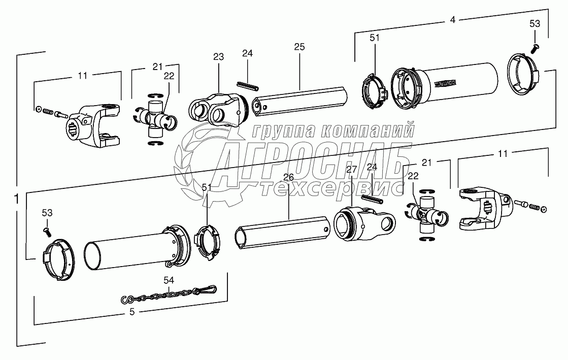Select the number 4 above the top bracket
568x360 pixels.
452,21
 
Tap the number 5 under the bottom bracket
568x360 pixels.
132,312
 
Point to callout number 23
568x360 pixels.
218,57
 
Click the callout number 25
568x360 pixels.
299,47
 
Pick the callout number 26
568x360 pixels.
288,177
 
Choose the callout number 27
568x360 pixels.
352,170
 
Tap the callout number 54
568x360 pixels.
169,280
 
